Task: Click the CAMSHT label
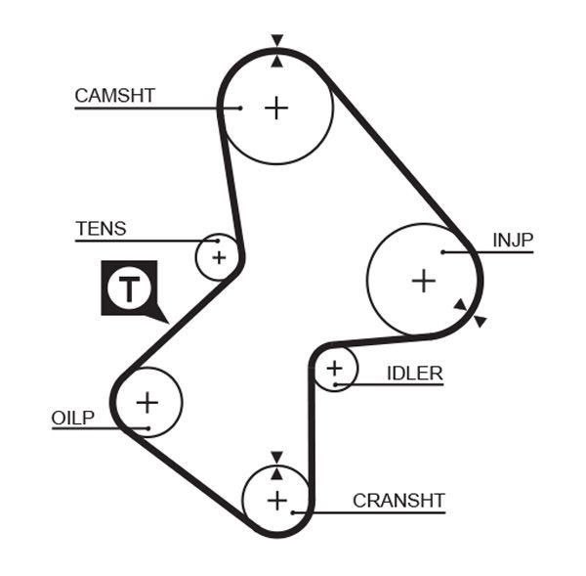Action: (x=114, y=95)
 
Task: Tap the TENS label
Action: (x=101, y=229)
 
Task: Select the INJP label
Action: (x=513, y=241)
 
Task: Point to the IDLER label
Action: (x=414, y=373)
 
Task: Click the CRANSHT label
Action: (x=398, y=501)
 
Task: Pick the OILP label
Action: (x=73, y=419)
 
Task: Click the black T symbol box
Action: (x=129, y=288)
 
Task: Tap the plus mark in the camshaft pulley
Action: (x=277, y=107)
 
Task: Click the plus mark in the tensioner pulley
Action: (x=219, y=257)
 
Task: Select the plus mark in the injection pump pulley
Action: (x=423, y=282)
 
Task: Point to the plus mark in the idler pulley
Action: (x=335, y=369)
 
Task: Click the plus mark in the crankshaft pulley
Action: (x=277, y=502)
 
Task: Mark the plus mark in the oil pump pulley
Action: (x=146, y=401)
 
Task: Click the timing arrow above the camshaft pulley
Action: (x=277, y=40)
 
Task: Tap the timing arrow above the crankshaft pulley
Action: (x=277, y=457)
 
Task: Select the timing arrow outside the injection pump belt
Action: (x=480, y=321)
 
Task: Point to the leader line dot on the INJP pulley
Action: (x=442, y=252)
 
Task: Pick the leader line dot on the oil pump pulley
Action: (x=145, y=428)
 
